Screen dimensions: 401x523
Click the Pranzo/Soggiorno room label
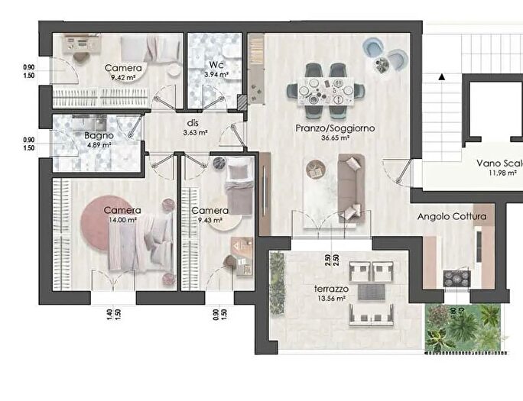coord(335,128)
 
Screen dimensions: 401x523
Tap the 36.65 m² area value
coord(335,138)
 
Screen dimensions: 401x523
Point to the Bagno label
coord(99,135)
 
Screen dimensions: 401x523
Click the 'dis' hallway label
coord(193,122)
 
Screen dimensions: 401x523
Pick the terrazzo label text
coord(332,290)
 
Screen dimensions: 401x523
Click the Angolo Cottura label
coord(452,216)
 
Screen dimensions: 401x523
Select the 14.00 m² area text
coord(122,220)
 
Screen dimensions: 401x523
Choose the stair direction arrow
coord(442,76)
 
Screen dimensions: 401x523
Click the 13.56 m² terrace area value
coord(332,299)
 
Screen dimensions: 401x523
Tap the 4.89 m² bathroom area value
coord(99,144)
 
